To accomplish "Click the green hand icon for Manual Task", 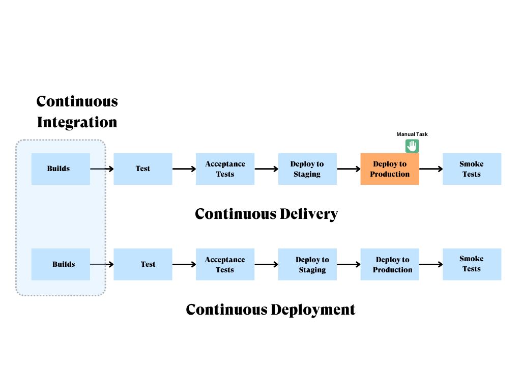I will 412,146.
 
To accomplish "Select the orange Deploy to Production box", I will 390,169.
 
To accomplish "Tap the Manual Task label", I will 412,134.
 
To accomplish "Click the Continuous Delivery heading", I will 266,214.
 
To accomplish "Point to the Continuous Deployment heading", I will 270,310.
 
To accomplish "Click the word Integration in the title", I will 77,123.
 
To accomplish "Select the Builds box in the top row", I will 61,169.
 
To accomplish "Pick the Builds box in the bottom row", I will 61,264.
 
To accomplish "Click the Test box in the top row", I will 142,169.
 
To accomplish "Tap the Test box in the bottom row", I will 142,264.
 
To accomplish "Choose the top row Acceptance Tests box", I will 225,169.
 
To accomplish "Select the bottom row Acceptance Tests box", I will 225,264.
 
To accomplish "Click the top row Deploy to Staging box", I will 307,169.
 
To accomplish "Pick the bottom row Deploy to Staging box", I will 307,264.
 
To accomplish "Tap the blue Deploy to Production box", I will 390,264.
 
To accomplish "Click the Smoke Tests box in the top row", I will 472,169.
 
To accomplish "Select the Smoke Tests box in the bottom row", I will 472,264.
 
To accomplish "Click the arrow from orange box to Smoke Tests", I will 431,169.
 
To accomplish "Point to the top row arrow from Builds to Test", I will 102,169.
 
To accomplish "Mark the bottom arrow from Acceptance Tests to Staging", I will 266,264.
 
